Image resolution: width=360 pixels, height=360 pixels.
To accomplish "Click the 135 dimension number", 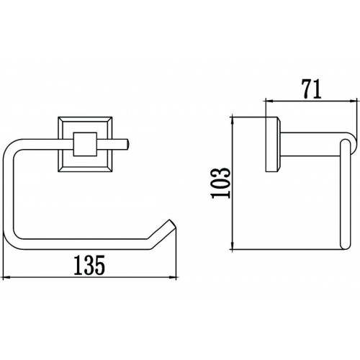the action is coord(89,265).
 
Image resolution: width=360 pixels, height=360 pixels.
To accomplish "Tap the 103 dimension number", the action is coord(220,183).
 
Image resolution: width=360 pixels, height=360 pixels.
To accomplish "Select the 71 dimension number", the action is coord(311,89).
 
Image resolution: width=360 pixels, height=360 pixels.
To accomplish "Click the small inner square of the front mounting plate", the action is coord(85,144).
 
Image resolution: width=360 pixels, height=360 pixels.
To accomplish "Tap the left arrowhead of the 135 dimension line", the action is coord(6,278).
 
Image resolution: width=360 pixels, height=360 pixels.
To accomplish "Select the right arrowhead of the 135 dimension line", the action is coord(173,278).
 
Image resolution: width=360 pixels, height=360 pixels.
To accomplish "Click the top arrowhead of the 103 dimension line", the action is coord(233,120).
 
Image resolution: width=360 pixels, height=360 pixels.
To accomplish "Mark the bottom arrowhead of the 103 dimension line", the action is coord(233,246).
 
